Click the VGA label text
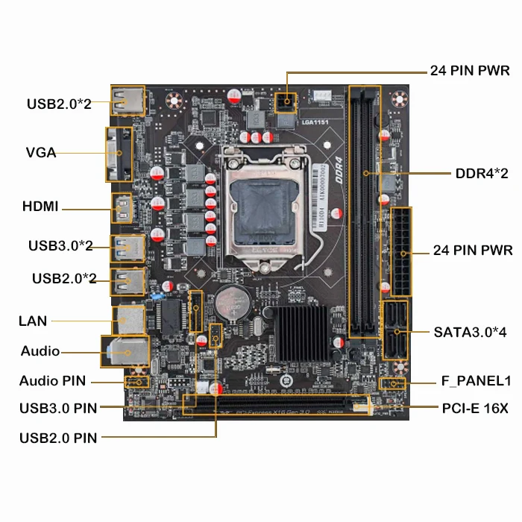tap(41, 153)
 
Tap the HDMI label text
tap(40, 207)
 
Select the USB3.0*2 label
tap(60, 245)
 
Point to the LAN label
tap(33, 321)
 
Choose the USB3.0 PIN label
tap(58, 408)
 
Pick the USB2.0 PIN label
tap(58, 438)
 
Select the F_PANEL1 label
tap(476, 381)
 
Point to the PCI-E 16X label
tap(474, 408)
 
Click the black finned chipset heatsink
tap(298, 329)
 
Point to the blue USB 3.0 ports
tap(125, 246)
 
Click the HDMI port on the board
tap(122, 207)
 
